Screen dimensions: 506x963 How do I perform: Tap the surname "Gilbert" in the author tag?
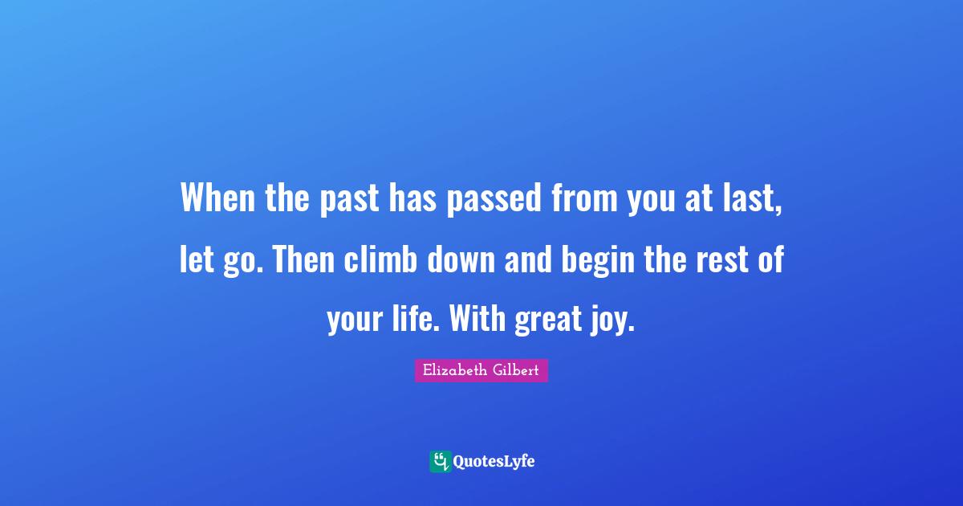[x=518, y=370]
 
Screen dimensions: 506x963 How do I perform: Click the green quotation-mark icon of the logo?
[x=440, y=461]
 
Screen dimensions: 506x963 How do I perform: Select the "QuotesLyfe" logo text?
[x=494, y=462]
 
